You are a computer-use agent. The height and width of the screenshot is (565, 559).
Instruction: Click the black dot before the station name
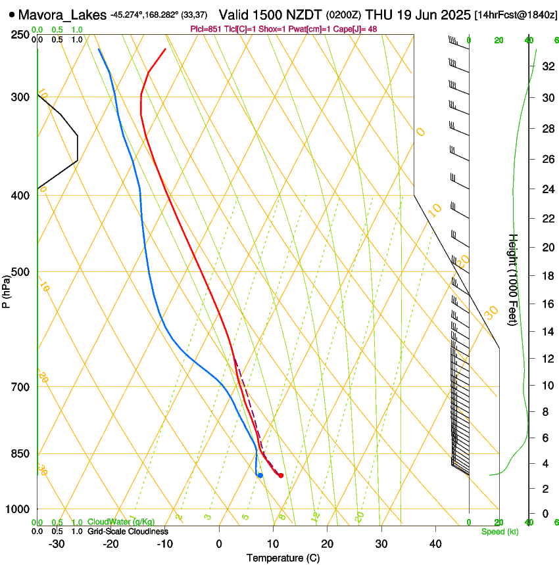tap(12, 14)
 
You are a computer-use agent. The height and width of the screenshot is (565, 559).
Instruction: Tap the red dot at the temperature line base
tap(281, 476)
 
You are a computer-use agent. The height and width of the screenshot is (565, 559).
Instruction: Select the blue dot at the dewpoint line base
tap(260, 475)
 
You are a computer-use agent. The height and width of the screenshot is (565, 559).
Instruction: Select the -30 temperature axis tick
tap(57, 544)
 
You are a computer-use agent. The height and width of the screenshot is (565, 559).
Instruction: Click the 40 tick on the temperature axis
tap(435, 544)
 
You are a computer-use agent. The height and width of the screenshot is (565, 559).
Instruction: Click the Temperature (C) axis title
tap(283, 558)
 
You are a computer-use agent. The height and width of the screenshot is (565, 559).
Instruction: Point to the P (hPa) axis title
tap(6, 292)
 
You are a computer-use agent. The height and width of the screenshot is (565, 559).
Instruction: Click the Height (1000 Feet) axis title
tap(514, 279)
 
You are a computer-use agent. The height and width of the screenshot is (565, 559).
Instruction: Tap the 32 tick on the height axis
tap(547, 66)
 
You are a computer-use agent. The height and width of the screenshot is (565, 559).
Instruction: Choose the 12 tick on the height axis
tap(547, 358)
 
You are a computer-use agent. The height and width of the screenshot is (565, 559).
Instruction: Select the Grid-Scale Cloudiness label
tap(128, 531)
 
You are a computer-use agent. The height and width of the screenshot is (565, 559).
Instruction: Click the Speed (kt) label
tap(500, 531)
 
